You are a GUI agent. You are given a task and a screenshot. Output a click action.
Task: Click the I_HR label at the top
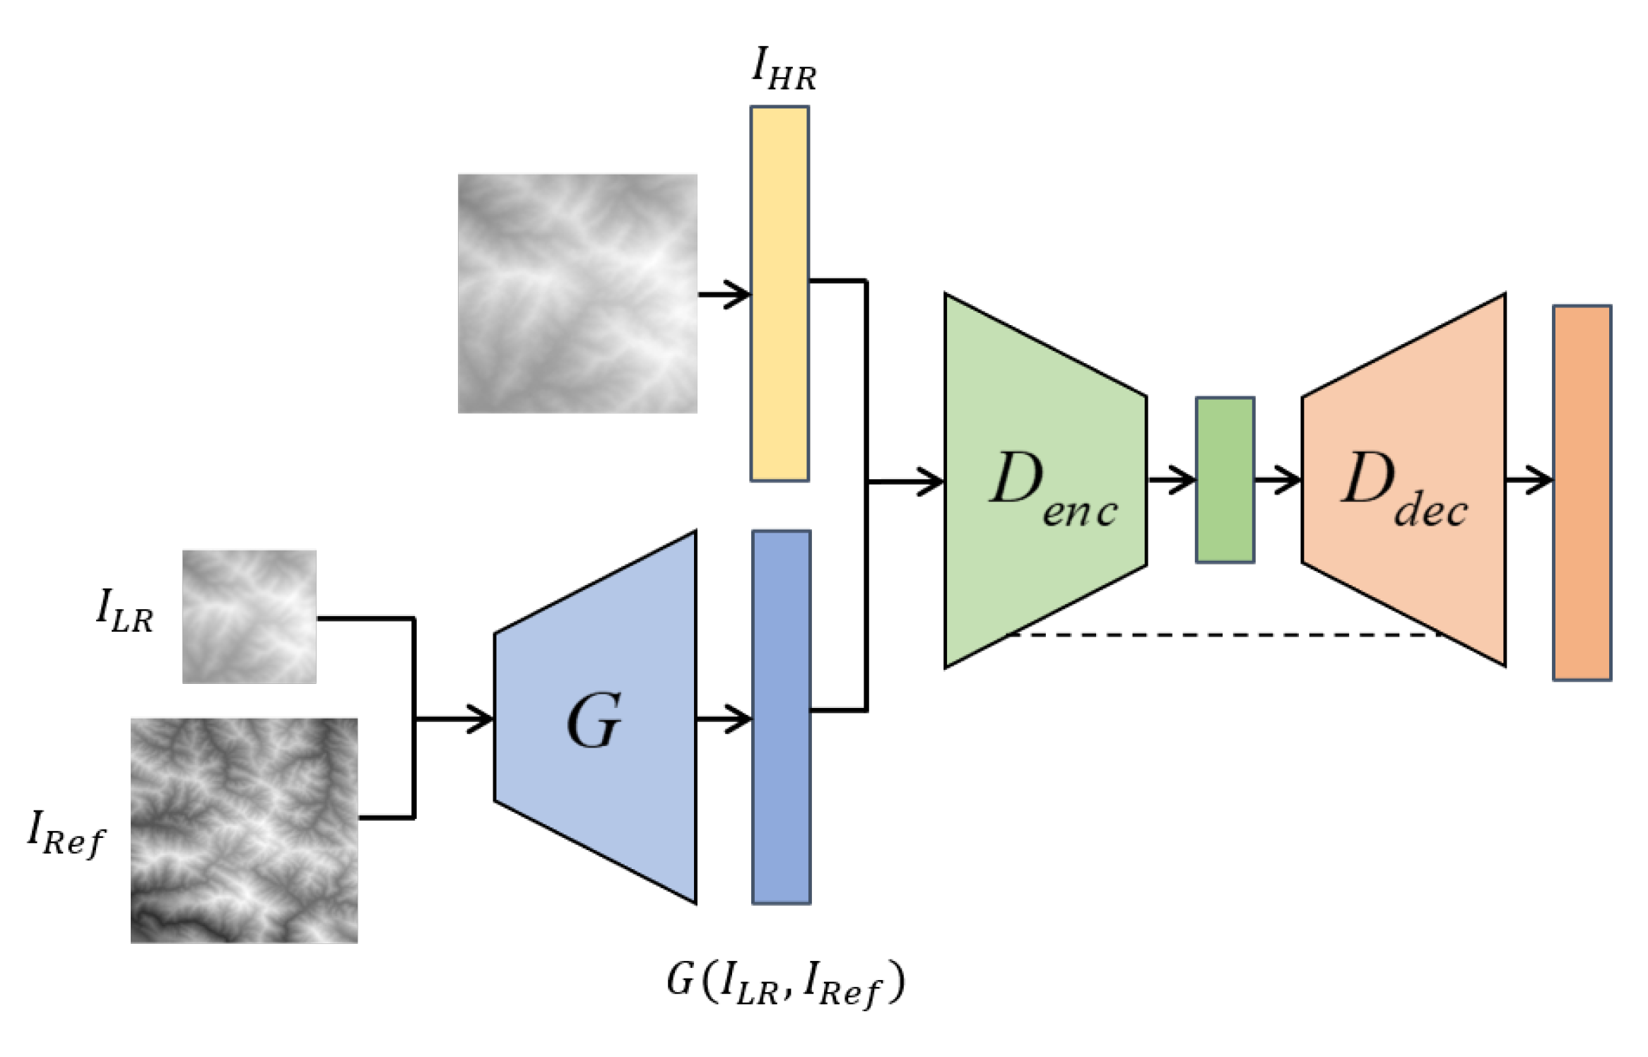(x=784, y=69)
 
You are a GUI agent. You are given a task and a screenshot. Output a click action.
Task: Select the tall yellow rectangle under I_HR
(x=779, y=293)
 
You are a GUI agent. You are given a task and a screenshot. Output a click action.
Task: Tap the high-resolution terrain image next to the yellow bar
(x=577, y=293)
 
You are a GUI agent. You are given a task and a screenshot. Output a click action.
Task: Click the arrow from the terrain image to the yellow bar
(x=724, y=293)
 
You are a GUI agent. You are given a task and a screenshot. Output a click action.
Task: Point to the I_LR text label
(x=125, y=612)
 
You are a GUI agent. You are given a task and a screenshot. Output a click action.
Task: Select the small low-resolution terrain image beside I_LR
(x=249, y=616)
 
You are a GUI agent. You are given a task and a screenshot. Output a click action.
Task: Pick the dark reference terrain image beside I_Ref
(x=244, y=830)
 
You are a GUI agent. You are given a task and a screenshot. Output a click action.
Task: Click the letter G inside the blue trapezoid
(x=594, y=721)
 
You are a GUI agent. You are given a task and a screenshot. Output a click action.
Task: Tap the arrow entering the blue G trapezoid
(x=456, y=719)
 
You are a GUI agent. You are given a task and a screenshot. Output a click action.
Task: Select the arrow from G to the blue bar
(x=724, y=719)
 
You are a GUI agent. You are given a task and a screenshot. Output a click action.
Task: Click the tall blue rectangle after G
(x=781, y=717)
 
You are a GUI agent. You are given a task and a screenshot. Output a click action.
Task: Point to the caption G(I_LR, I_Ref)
(x=784, y=983)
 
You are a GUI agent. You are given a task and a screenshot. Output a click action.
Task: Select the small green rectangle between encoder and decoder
(x=1225, y=480)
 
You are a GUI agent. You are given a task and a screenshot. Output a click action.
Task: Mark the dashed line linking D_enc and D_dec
(x=1223, y=634)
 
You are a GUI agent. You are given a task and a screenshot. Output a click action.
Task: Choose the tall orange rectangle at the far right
(x=1582, y=492)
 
